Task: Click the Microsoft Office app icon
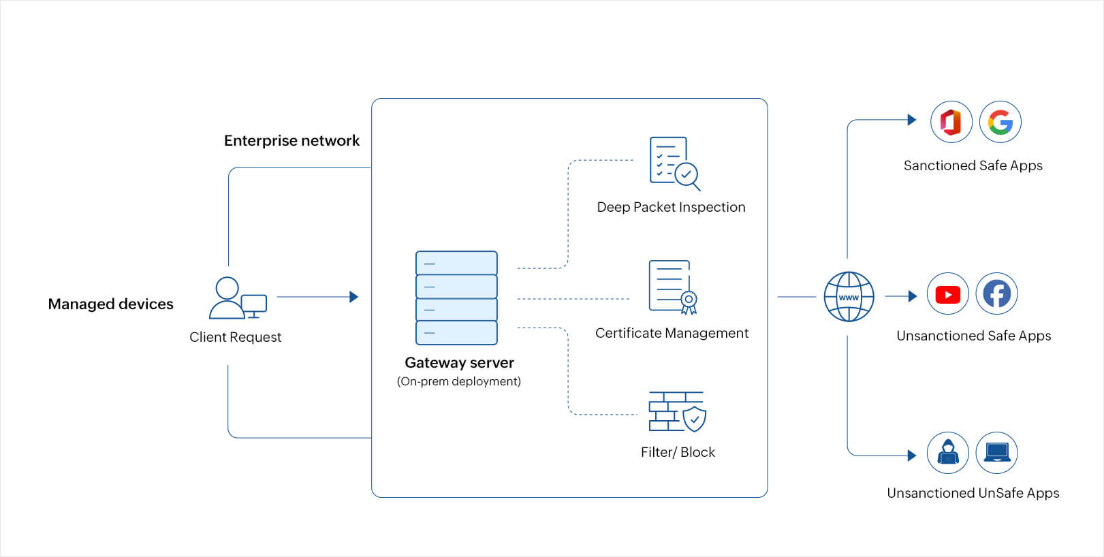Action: (x=951, y=122)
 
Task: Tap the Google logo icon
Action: (x=1000, y=122)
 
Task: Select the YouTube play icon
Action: (x=947, y=294)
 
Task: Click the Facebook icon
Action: (x=996, y=294)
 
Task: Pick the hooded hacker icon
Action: (x=947, y=452)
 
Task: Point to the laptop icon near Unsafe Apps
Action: (x=996, y=452)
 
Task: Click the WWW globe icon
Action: (x=849, y=297)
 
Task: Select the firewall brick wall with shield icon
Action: (x=677, y=411)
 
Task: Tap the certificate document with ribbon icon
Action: (x=672, y=287)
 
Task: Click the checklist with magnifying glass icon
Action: (x=674, y=163)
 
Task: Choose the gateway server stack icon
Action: (x=456, y=298)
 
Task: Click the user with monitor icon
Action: (x=237, y=298)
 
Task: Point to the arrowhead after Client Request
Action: (x=353, y=297)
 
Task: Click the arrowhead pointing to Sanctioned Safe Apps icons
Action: (x=912, y=120)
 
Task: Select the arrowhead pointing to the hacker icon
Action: (x=912, y=456)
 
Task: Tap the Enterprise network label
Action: (x=291, y=141)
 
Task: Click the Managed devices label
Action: (x=110, y=304)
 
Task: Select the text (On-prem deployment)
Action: (x=458, y=381)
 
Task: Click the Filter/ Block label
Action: (x=678, y=452)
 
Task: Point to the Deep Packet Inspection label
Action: (x=671, y=207)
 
